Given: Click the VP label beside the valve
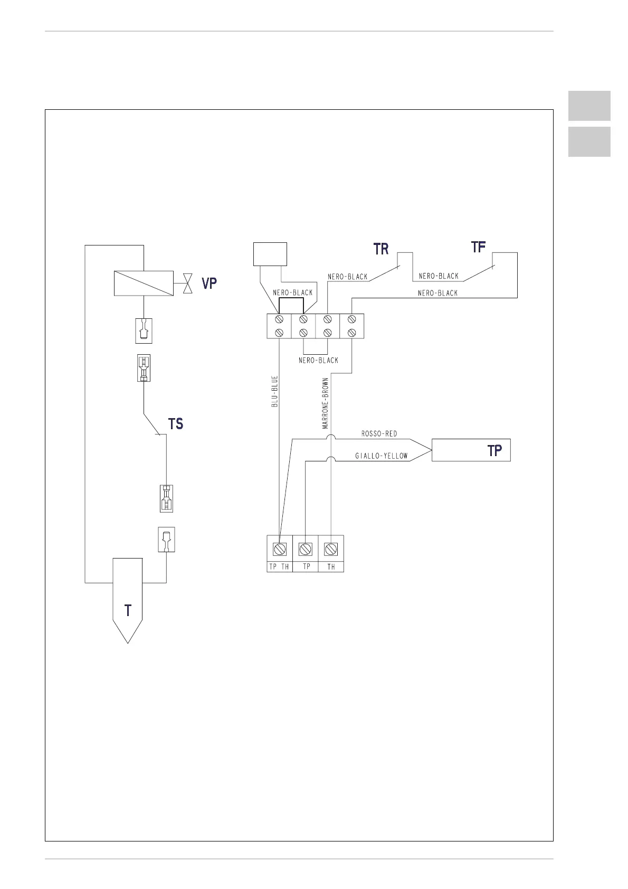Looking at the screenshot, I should tap(209, 283).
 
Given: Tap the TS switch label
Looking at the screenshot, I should tap(176, 424).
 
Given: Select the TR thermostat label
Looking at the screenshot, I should tap(381, 249).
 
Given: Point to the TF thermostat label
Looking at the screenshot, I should tap(478, 247).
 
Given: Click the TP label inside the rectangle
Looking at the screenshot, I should tap(494, 450).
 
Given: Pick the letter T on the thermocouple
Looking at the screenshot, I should tap(128, 611).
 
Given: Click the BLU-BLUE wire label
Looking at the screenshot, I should tap(274, 391).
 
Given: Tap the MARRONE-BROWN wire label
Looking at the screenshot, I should tap(326, 403).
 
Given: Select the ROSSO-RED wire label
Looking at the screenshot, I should tap(379, 434).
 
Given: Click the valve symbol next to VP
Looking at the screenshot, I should tap(187, 283).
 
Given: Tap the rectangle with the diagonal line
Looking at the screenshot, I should tap(144, 283).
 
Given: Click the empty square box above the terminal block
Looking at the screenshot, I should tap(270, 254).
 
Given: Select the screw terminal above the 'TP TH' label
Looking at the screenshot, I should tap(280, 549).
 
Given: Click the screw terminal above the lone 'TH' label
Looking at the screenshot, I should tap(331, 549).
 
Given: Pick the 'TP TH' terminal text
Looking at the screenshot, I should tap(279, 567).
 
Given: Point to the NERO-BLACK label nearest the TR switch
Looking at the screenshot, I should tap(347, 277).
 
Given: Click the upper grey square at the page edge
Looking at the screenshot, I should tap(589, 106).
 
